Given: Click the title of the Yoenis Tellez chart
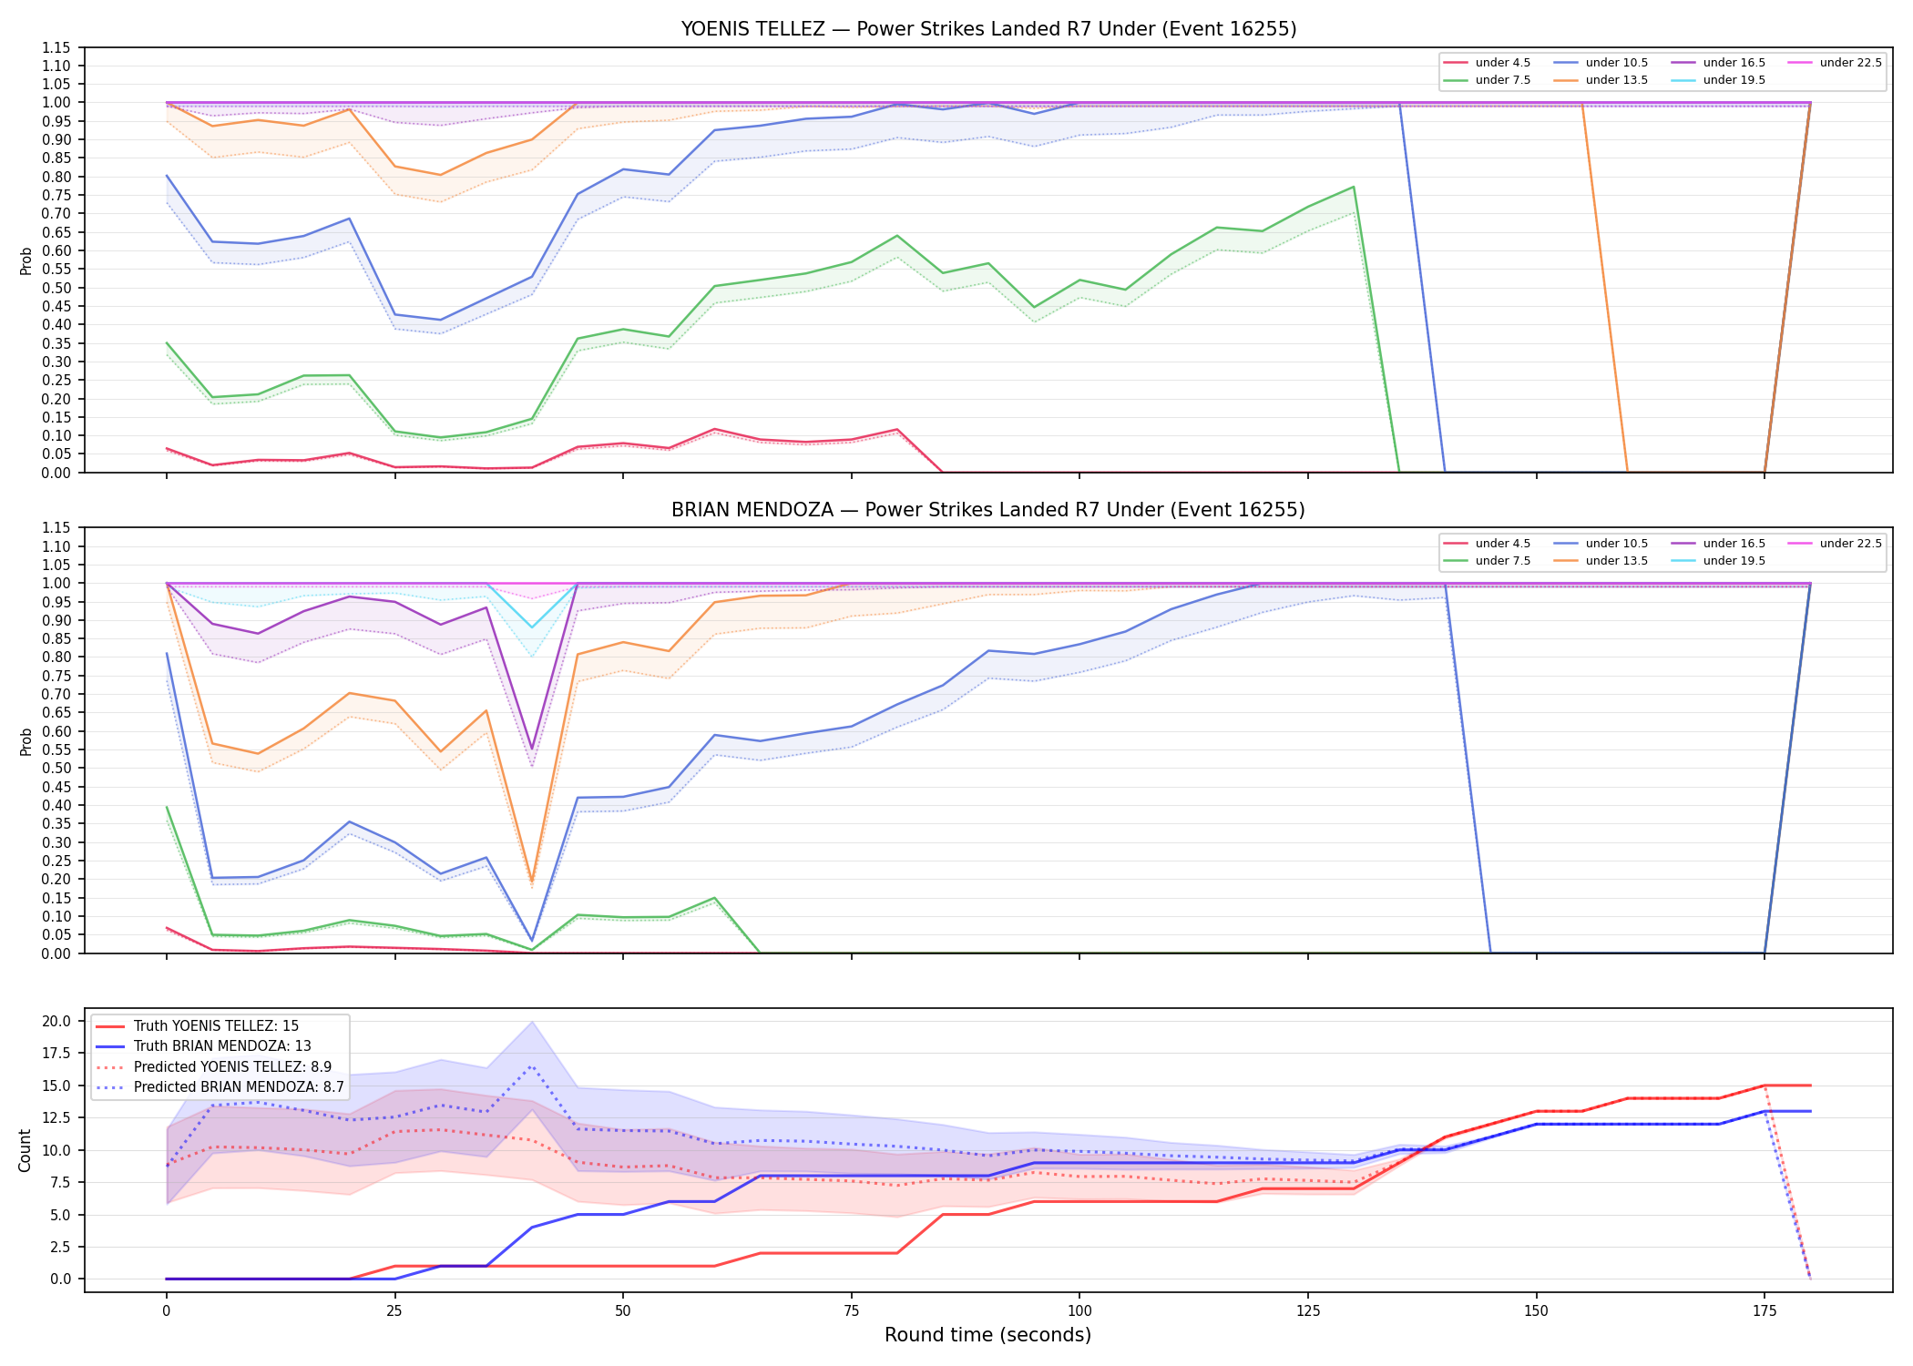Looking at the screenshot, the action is (x=988, y=29).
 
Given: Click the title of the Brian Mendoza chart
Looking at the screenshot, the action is (x=988, y=510).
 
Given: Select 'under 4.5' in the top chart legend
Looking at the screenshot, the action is (x=1502, y=63).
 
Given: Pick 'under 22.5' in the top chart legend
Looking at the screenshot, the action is (x=1850, y=63).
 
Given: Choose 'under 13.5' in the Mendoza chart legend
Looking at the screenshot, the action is (x=1616, y=561).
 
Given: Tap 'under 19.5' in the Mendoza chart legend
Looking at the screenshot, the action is (x=1734, y=561).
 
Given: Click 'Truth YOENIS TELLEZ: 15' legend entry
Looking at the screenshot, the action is (x=216, y=1026).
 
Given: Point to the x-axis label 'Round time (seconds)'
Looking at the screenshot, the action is (x=987, y=1335).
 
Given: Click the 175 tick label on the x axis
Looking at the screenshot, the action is (x=1765, y=1311).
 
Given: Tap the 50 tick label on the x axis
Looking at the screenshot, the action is (x=622, y=1311).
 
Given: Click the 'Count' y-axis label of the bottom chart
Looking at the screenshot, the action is (x=25, y=1150).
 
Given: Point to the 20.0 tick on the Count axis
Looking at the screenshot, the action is (x=57, y=1021).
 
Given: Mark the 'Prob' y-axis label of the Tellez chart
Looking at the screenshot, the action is (x=26, y=261).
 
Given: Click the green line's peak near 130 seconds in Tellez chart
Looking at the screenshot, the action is (x=1354, y=187).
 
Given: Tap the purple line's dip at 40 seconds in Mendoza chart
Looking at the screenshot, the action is (x=532, y=749).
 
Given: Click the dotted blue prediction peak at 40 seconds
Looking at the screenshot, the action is (x=532, y=1065).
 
